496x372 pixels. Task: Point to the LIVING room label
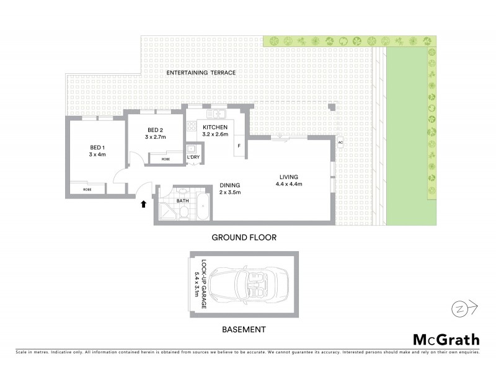tap(289, 176)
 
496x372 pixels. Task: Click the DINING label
tap(229, 185)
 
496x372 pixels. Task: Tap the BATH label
tap(182, 201)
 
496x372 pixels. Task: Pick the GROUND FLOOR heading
tap(244, 237)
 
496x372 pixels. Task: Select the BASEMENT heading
tap(244, 329)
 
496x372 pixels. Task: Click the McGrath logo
tap(446, 339)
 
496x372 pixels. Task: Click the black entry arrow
tap(144, 203)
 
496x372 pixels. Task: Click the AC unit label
tap(340, 143)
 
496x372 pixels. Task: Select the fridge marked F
tap(239, 146)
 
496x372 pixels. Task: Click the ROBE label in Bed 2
tap(166, 159)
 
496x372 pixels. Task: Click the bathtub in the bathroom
tap(202, 206)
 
